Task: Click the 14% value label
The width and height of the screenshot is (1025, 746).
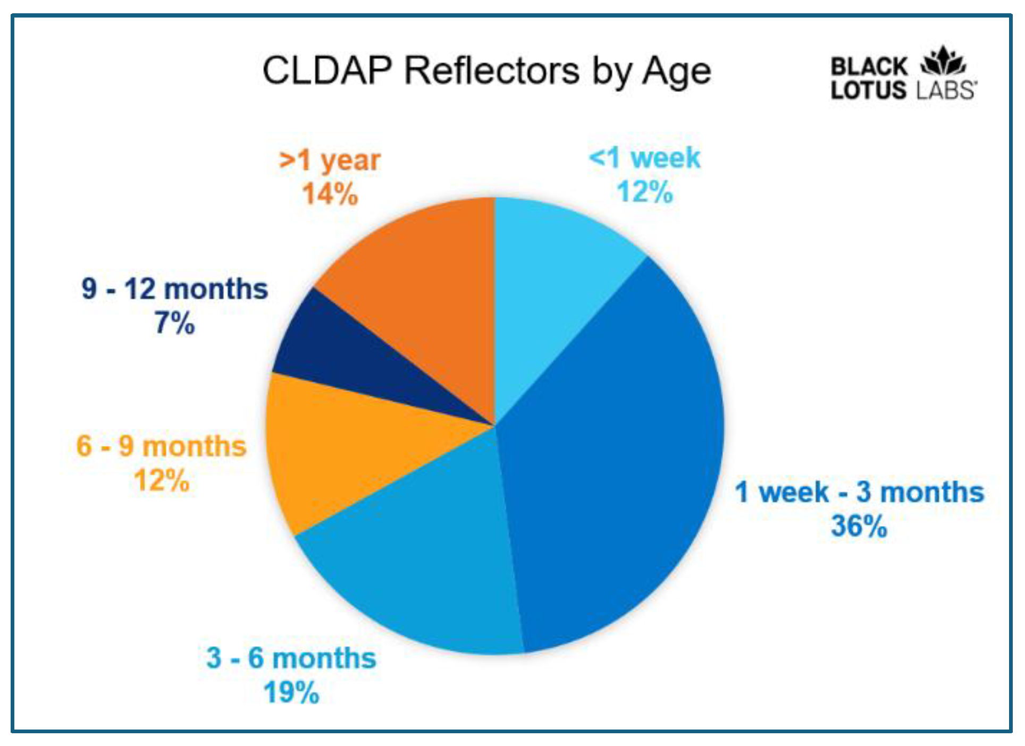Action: click(330, 193)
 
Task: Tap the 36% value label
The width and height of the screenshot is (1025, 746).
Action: click(859, 526)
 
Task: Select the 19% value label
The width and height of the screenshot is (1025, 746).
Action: click(291, 692)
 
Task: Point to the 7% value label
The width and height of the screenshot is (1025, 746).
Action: click(175, 323)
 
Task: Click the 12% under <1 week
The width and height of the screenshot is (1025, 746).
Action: click(645, 192)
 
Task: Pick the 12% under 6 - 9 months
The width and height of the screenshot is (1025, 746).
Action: click(162, 480)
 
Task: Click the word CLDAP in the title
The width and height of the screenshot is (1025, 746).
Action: click(327, 70)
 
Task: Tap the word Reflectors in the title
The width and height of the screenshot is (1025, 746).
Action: click(492, 70)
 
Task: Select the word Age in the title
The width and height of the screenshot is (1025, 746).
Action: click(677, 73)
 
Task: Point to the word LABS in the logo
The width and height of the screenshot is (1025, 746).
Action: click(946, 90)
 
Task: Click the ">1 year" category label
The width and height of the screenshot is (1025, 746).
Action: click(330, 160)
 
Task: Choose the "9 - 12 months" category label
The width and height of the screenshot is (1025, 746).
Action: click(175, 289)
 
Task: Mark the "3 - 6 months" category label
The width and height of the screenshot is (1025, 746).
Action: click(291, 658)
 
